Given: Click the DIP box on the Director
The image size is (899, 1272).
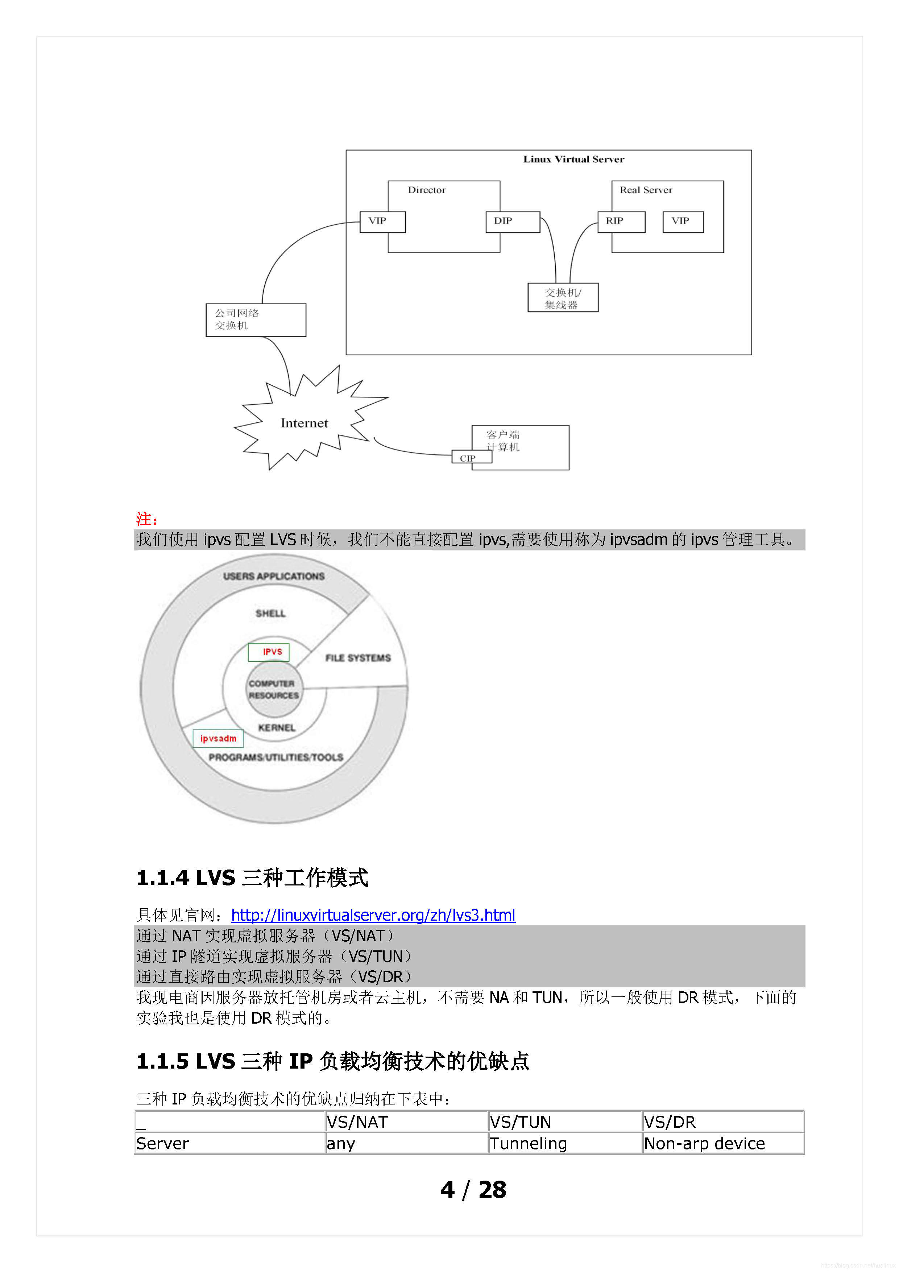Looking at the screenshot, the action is click(x=512, y=222).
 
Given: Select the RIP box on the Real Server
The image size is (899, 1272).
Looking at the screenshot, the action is click(x=621, y=222).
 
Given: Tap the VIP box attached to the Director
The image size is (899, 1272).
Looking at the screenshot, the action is click(x=382, y=222).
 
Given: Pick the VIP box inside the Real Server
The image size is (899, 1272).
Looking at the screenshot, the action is click(x=683, y=222).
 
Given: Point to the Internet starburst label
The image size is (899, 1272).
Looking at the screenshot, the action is click(x=304, y=423).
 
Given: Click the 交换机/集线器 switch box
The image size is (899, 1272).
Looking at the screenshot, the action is click(x=563, y=298).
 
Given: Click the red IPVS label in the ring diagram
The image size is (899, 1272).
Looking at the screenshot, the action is click(x=269, y=652).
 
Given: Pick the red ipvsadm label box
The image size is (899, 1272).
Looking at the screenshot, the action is click(x=218, y=739).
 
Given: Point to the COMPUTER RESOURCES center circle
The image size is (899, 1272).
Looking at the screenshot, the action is click(x=274, y=690).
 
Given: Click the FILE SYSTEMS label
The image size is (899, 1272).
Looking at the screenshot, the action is click(x=358, y=658).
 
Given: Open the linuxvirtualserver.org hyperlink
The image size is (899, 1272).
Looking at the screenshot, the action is click(x=373, y=915).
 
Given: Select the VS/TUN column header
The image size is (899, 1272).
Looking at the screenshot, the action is click(x=520, y=1122).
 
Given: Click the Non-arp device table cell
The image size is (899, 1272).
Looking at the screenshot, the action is click(x=704, y=1144).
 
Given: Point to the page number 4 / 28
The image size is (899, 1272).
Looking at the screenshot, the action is click(x=473, y=1190).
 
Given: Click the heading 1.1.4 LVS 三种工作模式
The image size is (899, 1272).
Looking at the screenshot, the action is click(x=252, y=878).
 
